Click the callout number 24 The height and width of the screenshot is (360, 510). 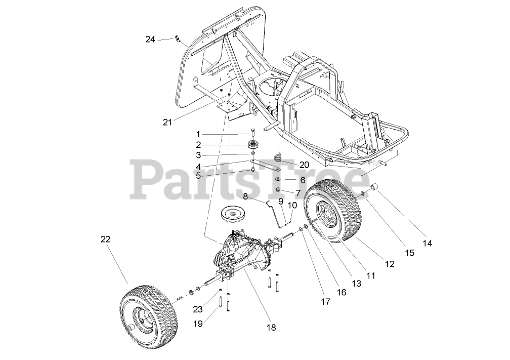tap(150, 39)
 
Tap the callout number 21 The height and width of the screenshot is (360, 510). tap(167, 122)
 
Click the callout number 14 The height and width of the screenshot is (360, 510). tap(428, 243)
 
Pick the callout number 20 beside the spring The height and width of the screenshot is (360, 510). tap(304, 165)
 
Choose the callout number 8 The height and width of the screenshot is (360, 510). tap(245, 196)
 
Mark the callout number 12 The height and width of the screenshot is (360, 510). tap(389, 264)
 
